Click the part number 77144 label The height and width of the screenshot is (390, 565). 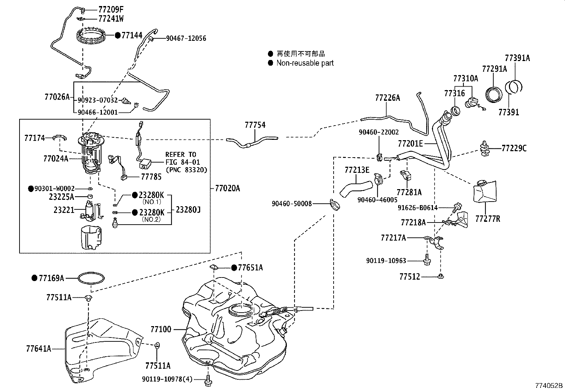[x=132, y=35]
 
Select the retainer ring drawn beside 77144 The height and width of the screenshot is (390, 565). [x=91, y=37]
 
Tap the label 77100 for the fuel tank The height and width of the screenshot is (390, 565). [x=161, y=329]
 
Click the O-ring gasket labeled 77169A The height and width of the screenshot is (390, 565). [x=92, y=278]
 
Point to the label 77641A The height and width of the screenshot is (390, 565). [x=38, y=349]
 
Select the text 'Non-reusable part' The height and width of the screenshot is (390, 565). [x=305, y=63]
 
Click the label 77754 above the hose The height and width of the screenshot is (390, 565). [x=255, y=125]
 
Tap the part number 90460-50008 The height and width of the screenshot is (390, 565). [x=292, y=204]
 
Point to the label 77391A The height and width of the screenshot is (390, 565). [x=517, y=58]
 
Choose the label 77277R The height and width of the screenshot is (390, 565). [x=488, y=219]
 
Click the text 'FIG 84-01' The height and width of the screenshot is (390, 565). [x=183, y=162]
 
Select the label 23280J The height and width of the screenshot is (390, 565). [x=188, y=210]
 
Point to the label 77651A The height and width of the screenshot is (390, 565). [x=250, y=268]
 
